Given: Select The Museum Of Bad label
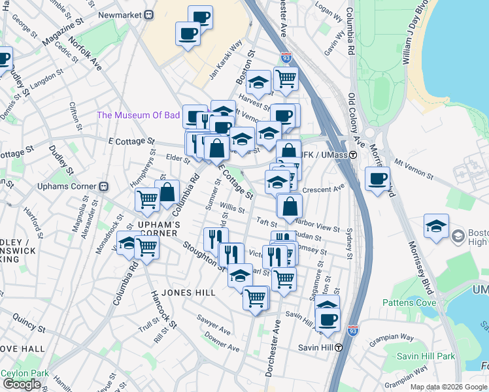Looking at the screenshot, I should pos(138,116).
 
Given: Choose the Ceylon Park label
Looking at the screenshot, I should pos(25,373).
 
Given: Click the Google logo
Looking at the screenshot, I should pos(22,384).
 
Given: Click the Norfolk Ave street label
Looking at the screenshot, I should pos(89,56).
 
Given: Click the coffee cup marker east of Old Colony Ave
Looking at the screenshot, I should pos(377,178).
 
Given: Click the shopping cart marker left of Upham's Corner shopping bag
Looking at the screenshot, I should pos(148,199).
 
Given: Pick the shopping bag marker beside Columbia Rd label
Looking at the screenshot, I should pos(167,191).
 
